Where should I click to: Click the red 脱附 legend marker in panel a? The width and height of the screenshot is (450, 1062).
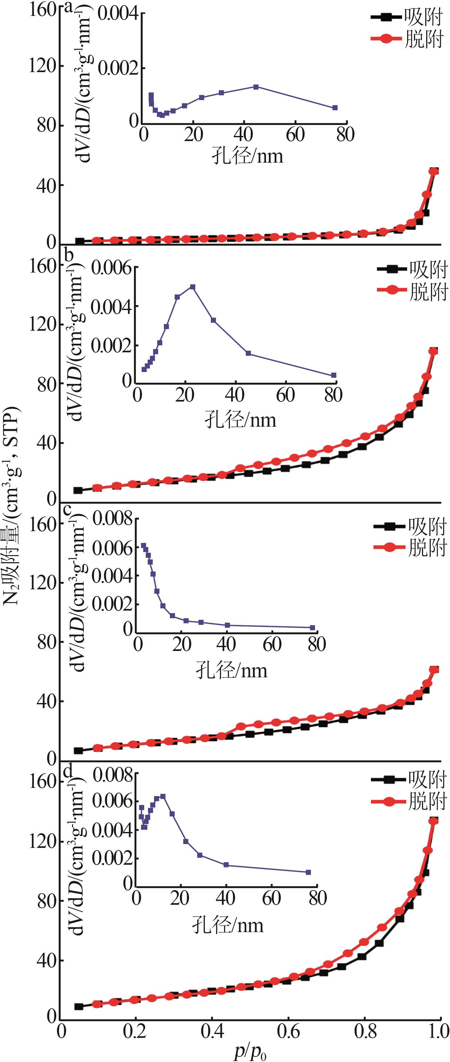click(386, 39)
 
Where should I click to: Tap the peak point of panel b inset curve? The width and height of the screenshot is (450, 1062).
click(192, 287)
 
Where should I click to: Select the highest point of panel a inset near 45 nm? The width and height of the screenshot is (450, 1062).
click(256, 87)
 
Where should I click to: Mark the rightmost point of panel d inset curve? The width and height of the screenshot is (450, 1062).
click(308, 872)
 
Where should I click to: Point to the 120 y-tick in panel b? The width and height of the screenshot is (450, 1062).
click(43, 324)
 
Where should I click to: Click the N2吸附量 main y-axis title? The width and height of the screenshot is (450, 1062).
click(12, 507)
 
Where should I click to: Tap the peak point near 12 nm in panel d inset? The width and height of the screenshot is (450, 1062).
click(163, 796)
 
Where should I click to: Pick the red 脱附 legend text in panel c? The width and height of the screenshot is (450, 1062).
click(427, 548)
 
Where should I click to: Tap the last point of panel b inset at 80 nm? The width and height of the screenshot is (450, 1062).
click(334, 375)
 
